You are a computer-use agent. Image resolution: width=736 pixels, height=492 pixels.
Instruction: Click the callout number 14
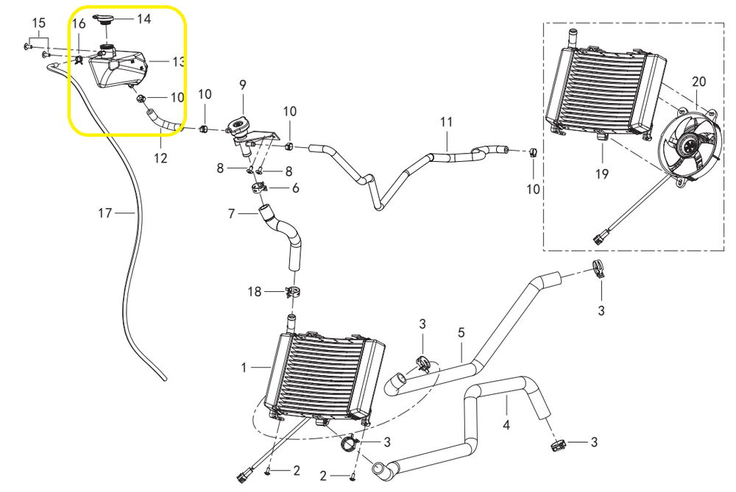[x=144, y=18]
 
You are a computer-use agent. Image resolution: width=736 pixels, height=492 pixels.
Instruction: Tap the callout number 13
[x=178, y=62]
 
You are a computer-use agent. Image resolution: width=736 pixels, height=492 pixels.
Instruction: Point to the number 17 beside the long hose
[x=105, y=213]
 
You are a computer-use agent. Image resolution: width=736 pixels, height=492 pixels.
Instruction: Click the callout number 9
[x=242, y=85]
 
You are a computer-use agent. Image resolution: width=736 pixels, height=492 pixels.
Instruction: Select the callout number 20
[x=698, y=81]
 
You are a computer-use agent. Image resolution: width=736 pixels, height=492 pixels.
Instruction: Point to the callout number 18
[x=254, y=292]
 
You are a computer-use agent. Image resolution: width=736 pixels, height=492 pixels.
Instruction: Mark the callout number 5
[x=461, y=332]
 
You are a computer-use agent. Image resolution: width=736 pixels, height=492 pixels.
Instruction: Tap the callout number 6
[x=296, y=188]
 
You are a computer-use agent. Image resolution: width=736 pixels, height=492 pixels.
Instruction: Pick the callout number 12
[x=160, y=157]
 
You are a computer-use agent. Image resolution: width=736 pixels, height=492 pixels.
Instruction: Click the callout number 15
[x=38, y=24]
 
